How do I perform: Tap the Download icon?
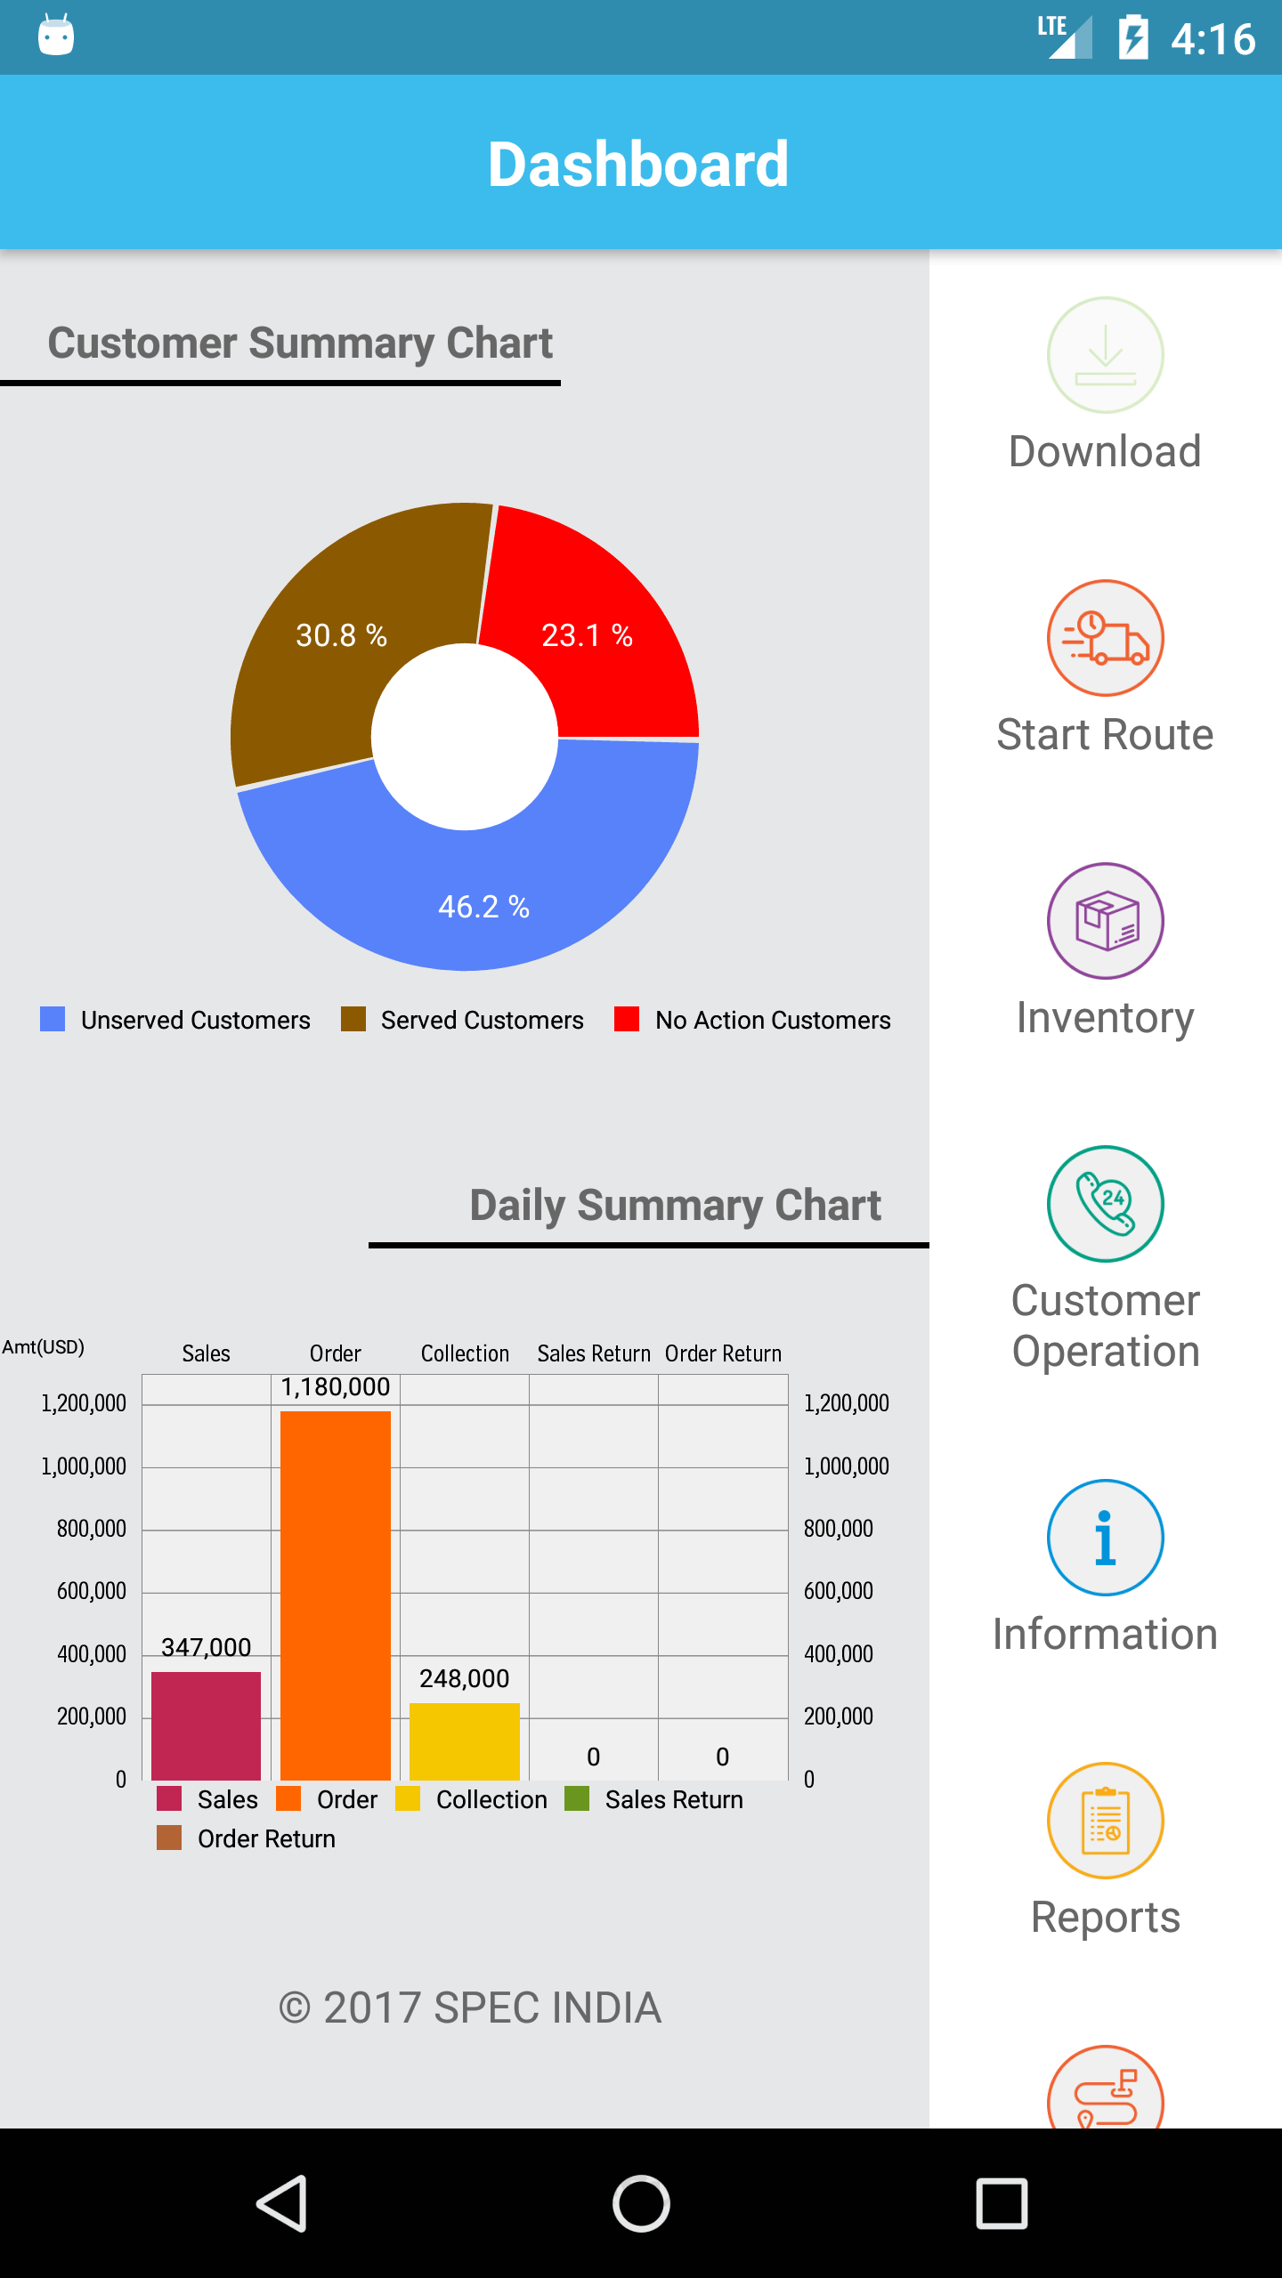coord(1105,355)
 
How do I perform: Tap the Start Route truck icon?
coord(1105,638)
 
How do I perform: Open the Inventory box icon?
coord(1105,921)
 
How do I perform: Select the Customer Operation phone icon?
coord(1105,1204)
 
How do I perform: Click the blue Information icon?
coord(1105,1538)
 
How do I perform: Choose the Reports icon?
coord(1105,1821)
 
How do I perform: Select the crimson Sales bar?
coord(206,1725)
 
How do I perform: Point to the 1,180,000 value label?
coord(336,1387)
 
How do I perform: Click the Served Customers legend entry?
coord(463,1020)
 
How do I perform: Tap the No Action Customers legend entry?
coord(753,1020)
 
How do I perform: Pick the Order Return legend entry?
coord(247,1838)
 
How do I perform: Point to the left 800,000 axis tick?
coord(91,1529)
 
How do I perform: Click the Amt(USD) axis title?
coord(43,1347)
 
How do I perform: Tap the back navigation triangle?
coord(281,2203)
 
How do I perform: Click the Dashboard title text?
coord(638,164)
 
